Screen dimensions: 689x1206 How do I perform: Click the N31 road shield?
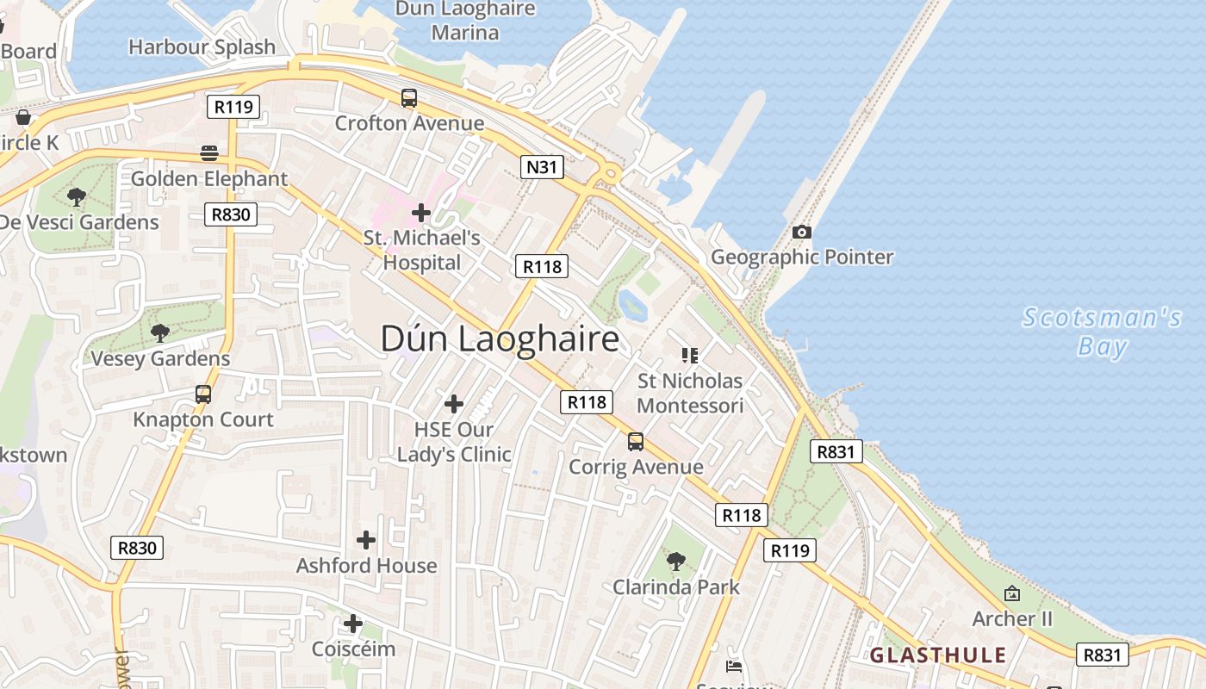pos(542,166)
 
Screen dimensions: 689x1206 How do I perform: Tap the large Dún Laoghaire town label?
pos(500,338)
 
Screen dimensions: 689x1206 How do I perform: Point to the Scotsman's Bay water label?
pos(1102,332)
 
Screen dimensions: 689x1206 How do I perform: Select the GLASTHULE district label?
pos(938,655)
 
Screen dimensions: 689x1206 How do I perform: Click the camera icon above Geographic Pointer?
pos(801,232)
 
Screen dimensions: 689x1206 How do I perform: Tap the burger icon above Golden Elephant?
pos(209,153)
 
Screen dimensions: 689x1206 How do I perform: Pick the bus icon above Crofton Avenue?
pos(409,98)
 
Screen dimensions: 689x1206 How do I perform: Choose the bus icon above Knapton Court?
pos(203,394)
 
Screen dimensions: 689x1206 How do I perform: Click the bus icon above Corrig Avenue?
pos(636,442)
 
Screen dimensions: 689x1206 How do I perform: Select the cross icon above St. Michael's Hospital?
pos(421,212)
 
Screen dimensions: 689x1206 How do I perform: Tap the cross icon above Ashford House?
pos(366,540)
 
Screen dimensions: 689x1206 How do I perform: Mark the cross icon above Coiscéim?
pos(352,624)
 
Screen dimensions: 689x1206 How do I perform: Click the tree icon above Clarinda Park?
pos(676,562)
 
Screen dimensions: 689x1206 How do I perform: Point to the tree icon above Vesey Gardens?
pos(160,332)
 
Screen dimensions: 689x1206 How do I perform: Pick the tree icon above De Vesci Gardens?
pos(77,196)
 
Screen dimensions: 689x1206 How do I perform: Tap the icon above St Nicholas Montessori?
pos(689,355)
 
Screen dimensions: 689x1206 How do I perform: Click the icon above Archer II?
pos(1012,593)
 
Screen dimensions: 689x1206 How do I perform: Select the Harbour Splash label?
pos(202,47)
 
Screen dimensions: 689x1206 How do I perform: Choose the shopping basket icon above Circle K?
pos(23,117)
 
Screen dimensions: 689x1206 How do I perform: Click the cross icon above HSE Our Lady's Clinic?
pos(454,403)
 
